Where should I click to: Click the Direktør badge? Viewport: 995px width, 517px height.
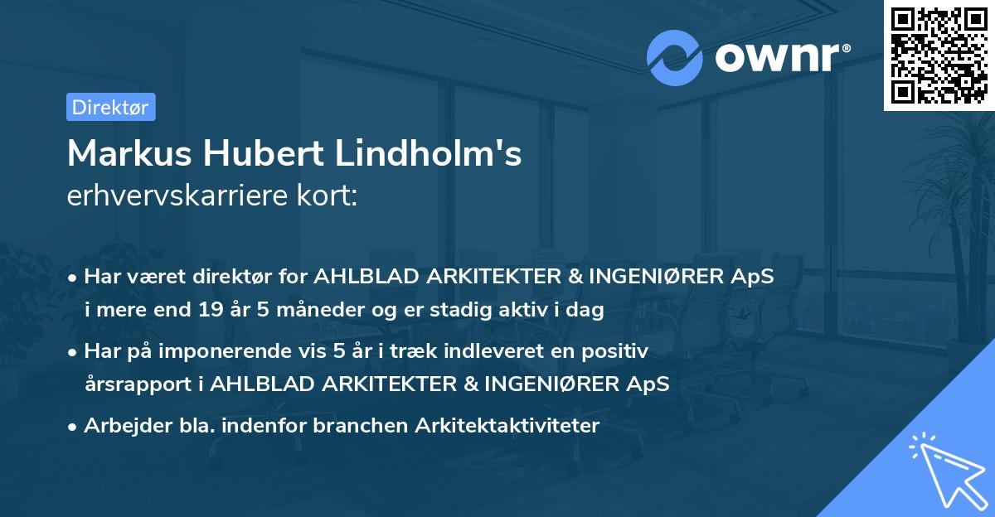tap(110, 107)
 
